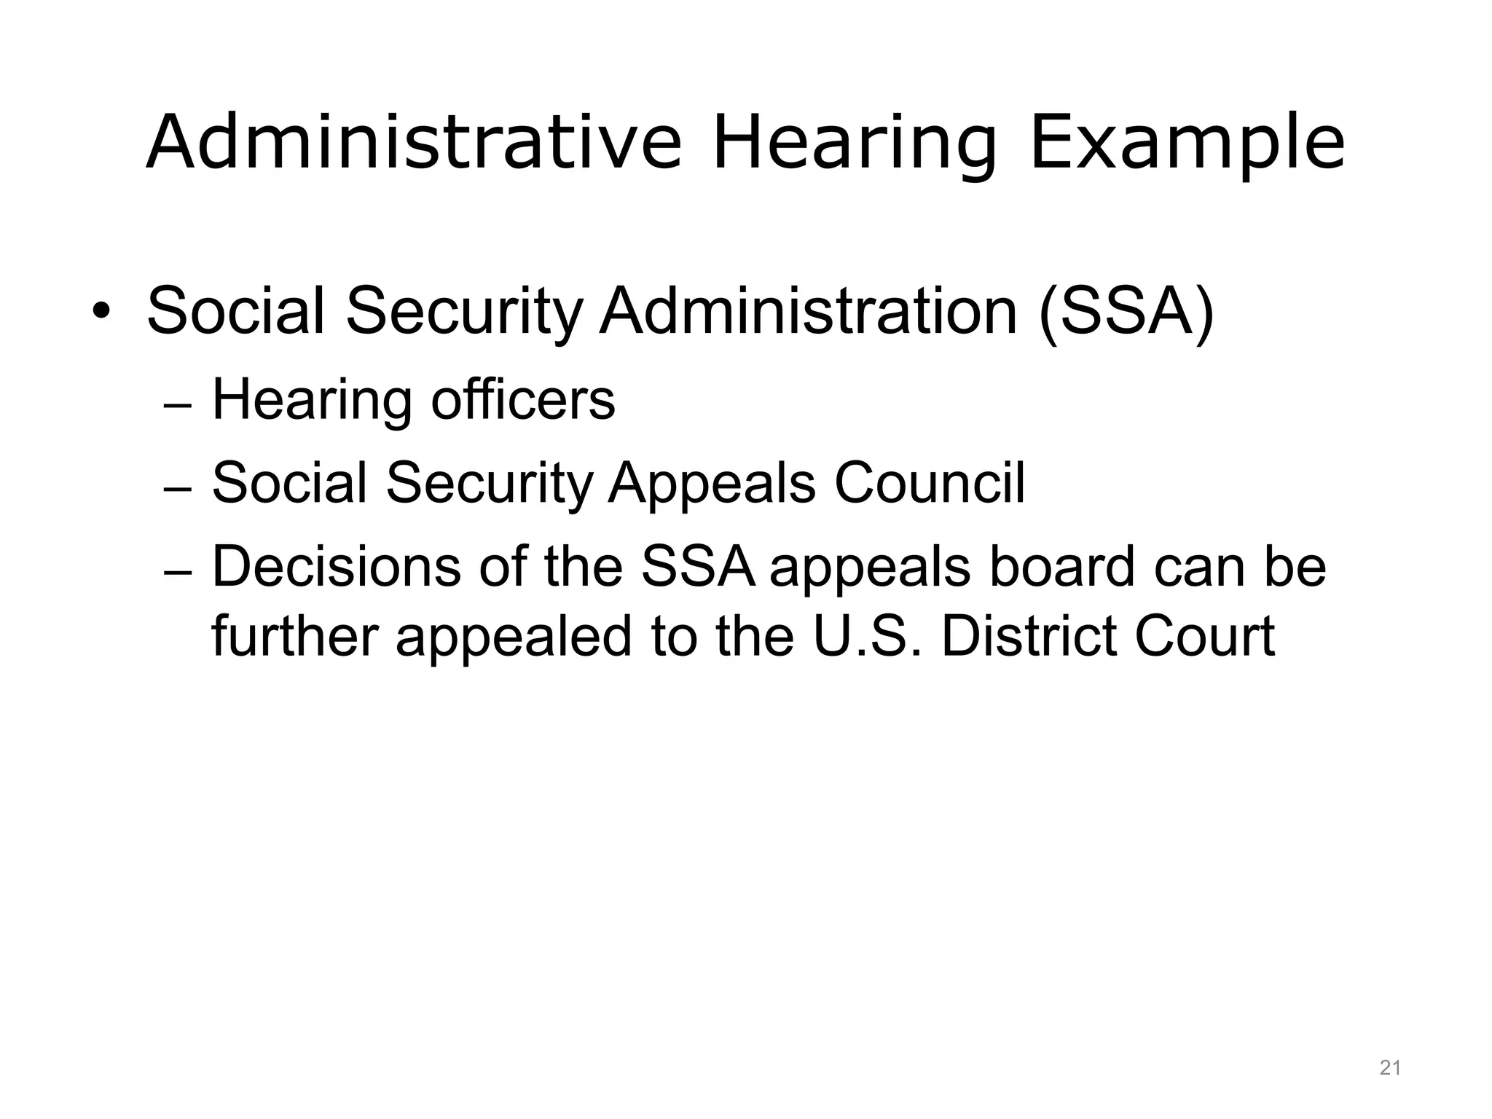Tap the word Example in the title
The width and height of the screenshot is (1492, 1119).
[x=1187, y=142]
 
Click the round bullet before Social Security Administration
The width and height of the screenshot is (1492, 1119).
[x=101, y=312]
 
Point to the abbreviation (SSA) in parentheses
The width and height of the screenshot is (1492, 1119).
[x=1126, y=312]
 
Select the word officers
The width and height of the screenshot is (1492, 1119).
[x=523, y=400]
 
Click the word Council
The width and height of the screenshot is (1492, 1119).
[x=929, y=483]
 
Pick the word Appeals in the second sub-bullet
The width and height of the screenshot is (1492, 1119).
[x=712, y=484]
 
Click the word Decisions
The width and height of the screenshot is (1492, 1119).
[x=336, y=567]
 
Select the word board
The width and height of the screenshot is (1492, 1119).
[x=1061, y=567]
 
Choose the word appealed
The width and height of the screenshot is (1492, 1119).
[x=514, y=637]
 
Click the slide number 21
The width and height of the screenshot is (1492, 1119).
[x=1390, y=1069]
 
